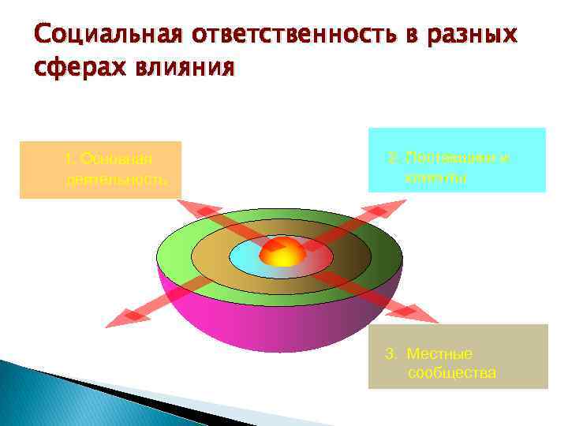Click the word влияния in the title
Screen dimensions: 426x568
[185, 68]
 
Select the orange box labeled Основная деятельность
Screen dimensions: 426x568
[100, 170]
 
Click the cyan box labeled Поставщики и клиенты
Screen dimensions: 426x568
[457, 160]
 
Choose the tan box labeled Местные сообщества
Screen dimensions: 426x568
[458, 357]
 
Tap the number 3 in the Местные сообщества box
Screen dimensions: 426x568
[389, 353]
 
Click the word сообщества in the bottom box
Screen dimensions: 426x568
[452, 372]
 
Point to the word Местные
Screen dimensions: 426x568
[439, 353]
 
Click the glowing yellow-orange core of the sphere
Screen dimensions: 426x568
[282, 252]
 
